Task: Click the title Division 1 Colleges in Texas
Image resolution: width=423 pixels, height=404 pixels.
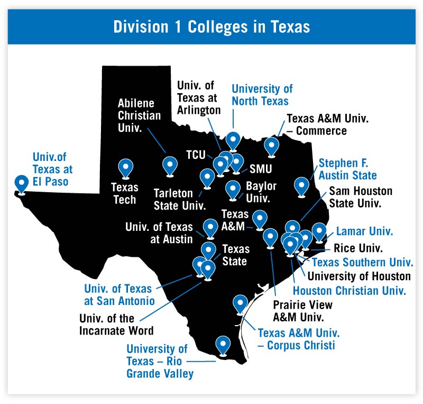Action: [x=212, y=26]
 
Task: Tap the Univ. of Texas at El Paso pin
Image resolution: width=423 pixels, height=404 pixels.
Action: [x=22, y=183]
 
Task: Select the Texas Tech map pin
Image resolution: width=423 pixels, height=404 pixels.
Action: [x=125, y=168]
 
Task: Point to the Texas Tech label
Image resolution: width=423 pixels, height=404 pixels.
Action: [x=125, y=193]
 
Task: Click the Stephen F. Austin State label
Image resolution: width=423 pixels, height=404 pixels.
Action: [x=347, y=168]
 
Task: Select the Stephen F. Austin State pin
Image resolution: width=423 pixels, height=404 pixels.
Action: [x=301, y=186]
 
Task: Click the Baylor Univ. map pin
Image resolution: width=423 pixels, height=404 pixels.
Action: [x=233, y=189]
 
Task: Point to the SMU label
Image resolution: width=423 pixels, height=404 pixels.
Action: [x=260, y=169]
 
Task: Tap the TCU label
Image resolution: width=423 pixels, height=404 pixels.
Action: [x=196, y=154]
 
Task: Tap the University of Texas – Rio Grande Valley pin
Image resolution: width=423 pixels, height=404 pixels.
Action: [x=223, y=345]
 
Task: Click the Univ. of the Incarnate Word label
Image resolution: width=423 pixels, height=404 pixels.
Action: [x=116, y=325]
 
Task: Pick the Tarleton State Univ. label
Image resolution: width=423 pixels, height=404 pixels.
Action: [x=179, y=197]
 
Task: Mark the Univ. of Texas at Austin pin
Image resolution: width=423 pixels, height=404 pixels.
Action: [x=210, y=228]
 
